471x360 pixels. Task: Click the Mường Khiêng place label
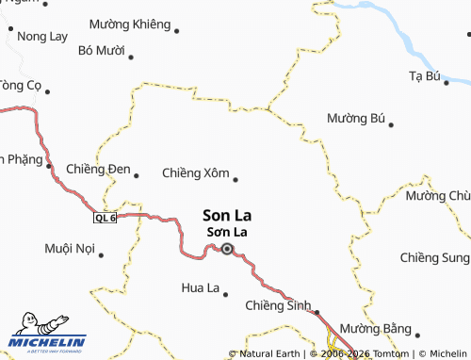point(130,24)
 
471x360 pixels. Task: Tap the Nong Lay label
point(42,37)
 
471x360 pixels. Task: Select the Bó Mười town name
point(102,50)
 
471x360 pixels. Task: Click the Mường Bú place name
point(356,119)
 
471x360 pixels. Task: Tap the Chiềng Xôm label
point(195,173)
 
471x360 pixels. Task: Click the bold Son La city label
point(227,215)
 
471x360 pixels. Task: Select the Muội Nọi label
point(71,249)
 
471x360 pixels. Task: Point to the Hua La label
point(199,286)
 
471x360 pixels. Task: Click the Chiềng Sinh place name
point(278,305)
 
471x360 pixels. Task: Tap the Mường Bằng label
point(376,328)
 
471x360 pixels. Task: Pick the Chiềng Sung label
point(434,257)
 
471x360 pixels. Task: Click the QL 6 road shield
point(105,218)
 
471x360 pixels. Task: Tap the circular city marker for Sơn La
point(226,250)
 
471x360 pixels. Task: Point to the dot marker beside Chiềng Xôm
point(235,179)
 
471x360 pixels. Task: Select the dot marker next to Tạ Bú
point(447,83)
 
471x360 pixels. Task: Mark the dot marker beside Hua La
point(226,293)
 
